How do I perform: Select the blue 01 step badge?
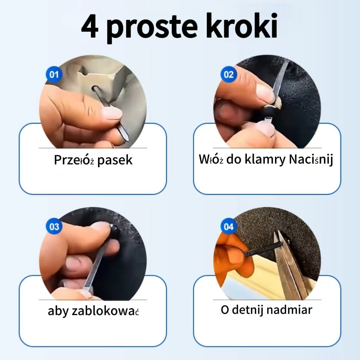coord(54,74)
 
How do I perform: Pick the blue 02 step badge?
coord(229,74)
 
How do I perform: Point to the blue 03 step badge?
coord(54,226)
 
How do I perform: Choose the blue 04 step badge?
coord(229,226)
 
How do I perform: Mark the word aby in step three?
coord(58,311)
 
